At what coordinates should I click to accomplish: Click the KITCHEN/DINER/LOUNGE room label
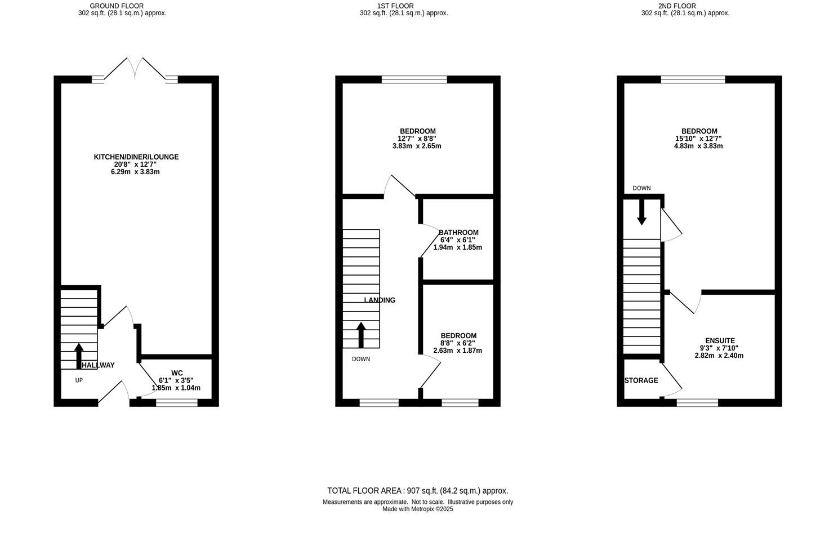click(136, 157)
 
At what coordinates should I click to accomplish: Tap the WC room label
click(177, 373)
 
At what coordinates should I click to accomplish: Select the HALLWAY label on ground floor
click(98, 365)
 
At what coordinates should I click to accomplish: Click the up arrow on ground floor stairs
click(78, 355)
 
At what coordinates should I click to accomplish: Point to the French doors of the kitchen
click(135, 70)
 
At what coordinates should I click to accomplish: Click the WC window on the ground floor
click(177, 402)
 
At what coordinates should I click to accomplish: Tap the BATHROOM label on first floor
click(458, 233)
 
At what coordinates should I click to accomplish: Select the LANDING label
click(380, 300)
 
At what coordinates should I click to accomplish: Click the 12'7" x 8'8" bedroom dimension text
click(417, 139)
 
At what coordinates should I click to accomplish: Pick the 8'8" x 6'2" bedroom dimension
click(458, 343)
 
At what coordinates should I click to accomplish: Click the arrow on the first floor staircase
click(360, 335)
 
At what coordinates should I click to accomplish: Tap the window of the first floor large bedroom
click(414, 79)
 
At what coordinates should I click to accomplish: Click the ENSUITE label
click(720, 341)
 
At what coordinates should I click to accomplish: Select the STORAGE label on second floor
click(641, 380)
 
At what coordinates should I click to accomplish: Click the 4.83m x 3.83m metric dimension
click(698, 146)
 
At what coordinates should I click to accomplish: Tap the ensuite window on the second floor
click(697, 402)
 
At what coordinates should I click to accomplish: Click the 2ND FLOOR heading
click(677, 6)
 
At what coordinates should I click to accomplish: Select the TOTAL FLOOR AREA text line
click(417, 491)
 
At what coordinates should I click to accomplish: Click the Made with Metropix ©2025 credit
click(417, 509)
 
